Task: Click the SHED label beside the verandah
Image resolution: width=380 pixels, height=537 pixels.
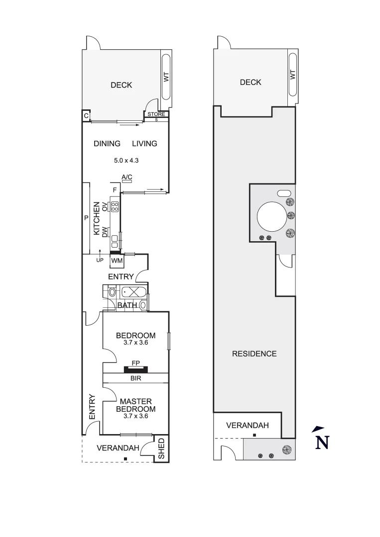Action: click(x=161, y=449)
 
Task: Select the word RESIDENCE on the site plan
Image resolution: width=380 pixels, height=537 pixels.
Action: click(x=254, y=354)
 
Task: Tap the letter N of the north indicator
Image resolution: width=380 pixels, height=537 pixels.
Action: click(x=323, y=442)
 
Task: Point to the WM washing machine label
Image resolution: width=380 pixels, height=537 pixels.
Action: click(x=117, y=261)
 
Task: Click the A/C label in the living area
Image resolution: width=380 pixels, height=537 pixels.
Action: click(x=127, y=177)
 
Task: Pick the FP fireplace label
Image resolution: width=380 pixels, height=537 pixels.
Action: click(x=135, y=363)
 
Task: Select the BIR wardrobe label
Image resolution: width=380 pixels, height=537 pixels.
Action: click(x=135, y=378)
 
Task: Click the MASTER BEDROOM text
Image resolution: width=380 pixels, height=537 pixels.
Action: click(x=135, y=405)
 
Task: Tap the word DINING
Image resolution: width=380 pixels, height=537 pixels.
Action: click(x=107, y=144)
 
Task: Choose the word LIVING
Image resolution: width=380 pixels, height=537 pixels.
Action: click(x=144, y=144)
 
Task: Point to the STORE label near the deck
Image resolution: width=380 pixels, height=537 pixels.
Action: click(x=156, y=114)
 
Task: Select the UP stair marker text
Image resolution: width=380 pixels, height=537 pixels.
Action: click(x=100, y=260)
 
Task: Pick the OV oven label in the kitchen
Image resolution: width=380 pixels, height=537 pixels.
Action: click(x=105, y=206)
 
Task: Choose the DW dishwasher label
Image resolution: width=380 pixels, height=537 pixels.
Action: click(x=105, y=232)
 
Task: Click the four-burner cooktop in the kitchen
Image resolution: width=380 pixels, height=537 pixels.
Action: click(x=115, y=206)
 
